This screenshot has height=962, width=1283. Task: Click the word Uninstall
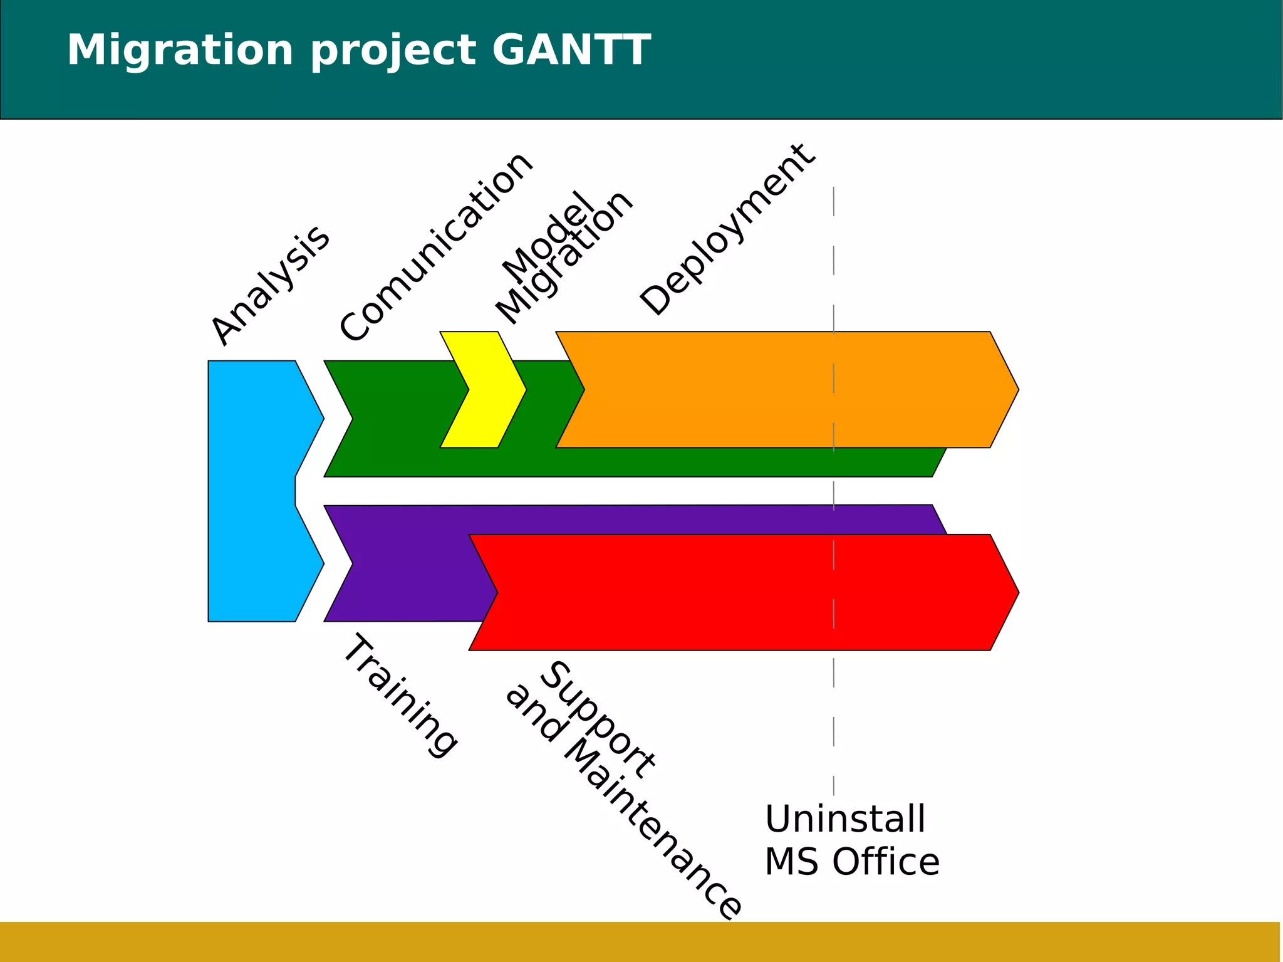[845, 819]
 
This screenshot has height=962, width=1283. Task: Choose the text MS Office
[852, 862]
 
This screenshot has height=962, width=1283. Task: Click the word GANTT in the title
[571, 50]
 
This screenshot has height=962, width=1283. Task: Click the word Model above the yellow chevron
[549, 237]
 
